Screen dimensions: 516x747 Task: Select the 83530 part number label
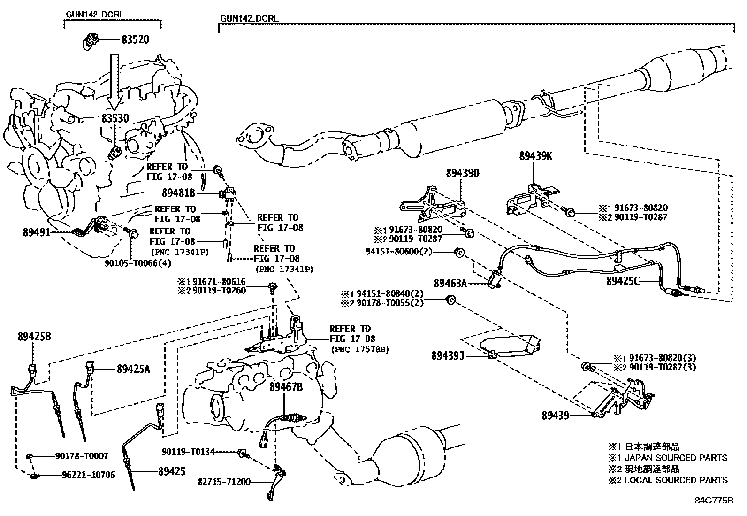tap(115, 118)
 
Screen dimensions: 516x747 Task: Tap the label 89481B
tap(178, 193)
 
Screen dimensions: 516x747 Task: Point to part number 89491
tap(36, 231)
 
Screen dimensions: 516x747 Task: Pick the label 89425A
tap(133, 369)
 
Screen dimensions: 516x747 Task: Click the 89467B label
tap(286, 387)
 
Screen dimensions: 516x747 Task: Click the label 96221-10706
tap(88, 475)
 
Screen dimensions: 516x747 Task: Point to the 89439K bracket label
tap(535, 156)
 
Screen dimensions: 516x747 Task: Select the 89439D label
tap(463, 173)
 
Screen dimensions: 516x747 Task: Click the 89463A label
tap(450, 283)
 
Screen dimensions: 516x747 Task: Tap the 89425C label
tap(623, 281)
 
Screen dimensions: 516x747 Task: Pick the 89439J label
tap(448, 356)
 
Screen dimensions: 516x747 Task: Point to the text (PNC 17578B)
tap(360, 349)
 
